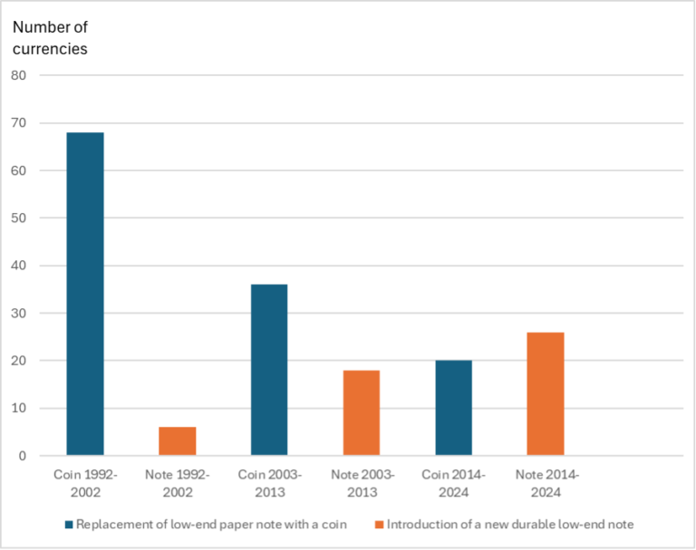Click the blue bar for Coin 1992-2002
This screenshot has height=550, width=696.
click(85, 294)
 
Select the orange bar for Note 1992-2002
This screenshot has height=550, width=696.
click(177, 441)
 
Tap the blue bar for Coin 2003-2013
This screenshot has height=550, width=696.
click(269, 370)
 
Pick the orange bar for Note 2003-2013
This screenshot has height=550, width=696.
click(362, 413)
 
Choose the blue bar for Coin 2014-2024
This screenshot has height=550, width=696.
click(453, 408)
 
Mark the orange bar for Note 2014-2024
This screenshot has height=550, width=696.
click(546, 394)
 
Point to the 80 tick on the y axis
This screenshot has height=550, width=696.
click(19, 75)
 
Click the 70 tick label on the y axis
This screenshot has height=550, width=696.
click(19, 123)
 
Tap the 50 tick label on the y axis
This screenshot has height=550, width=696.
click(19, 218)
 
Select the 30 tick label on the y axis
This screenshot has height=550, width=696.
click(19, 314)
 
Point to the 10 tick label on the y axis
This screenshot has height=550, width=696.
click(19, 409)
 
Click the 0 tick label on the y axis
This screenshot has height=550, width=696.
click(23, 457)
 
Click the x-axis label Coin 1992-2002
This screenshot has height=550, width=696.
click(85, 483)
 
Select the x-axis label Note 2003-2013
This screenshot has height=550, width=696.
click(362, 483)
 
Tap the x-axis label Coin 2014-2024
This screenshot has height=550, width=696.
click(453, 483)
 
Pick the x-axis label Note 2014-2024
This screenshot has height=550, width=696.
click(546, 483)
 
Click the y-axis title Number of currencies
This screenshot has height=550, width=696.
click(50, 38)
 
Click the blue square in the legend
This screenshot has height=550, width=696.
click(70, 525)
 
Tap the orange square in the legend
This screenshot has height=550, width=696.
click(379, 525)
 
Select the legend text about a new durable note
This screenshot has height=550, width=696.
click(508, 525)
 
